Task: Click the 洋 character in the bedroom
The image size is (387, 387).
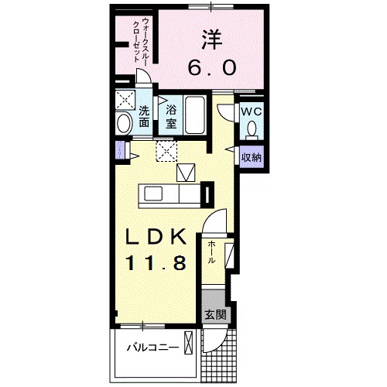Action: (209, 39)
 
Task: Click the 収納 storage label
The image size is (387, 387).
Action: (251, 157)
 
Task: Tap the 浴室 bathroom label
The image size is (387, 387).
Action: (170, 115)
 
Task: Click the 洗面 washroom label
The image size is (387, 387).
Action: (144, 116)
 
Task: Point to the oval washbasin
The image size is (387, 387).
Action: (124, 124)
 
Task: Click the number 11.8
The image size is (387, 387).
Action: (157, 263)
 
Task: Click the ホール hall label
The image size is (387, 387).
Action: (210, 255)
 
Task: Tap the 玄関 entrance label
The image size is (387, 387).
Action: (216, 315)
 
